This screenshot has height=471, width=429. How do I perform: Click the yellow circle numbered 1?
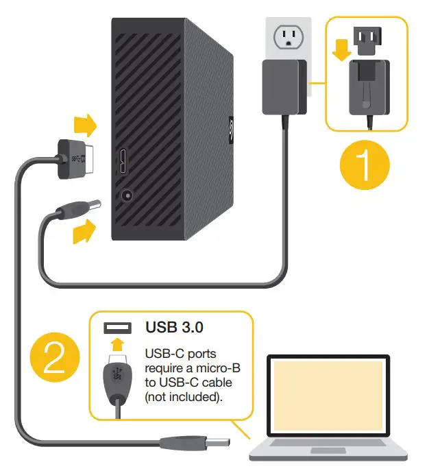(365, 165)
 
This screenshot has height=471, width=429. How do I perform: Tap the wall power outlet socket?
(287, 38)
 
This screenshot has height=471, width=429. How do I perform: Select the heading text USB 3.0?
(174, 327)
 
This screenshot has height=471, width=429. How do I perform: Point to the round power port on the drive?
(126, 195)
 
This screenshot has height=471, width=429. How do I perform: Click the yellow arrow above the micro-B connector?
(86, 125)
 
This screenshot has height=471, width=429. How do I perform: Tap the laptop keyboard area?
(329, 449)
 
